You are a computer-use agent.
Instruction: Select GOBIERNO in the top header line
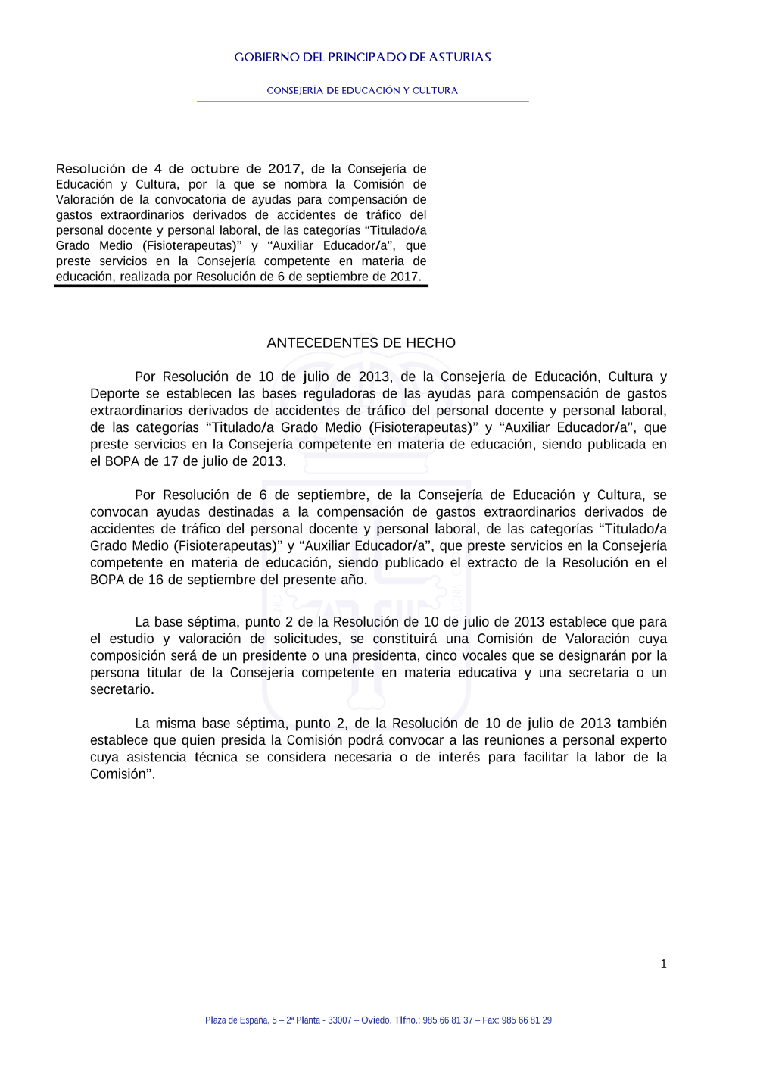tap(266, 58)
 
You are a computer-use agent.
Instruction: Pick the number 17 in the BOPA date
tap(171, 461)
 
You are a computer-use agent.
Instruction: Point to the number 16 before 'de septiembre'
tap(156, 580)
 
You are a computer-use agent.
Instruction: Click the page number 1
tap(664, 964)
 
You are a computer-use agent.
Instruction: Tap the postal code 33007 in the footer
tap(339, 1020)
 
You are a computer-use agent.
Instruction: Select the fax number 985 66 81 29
tap(527, 1020)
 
